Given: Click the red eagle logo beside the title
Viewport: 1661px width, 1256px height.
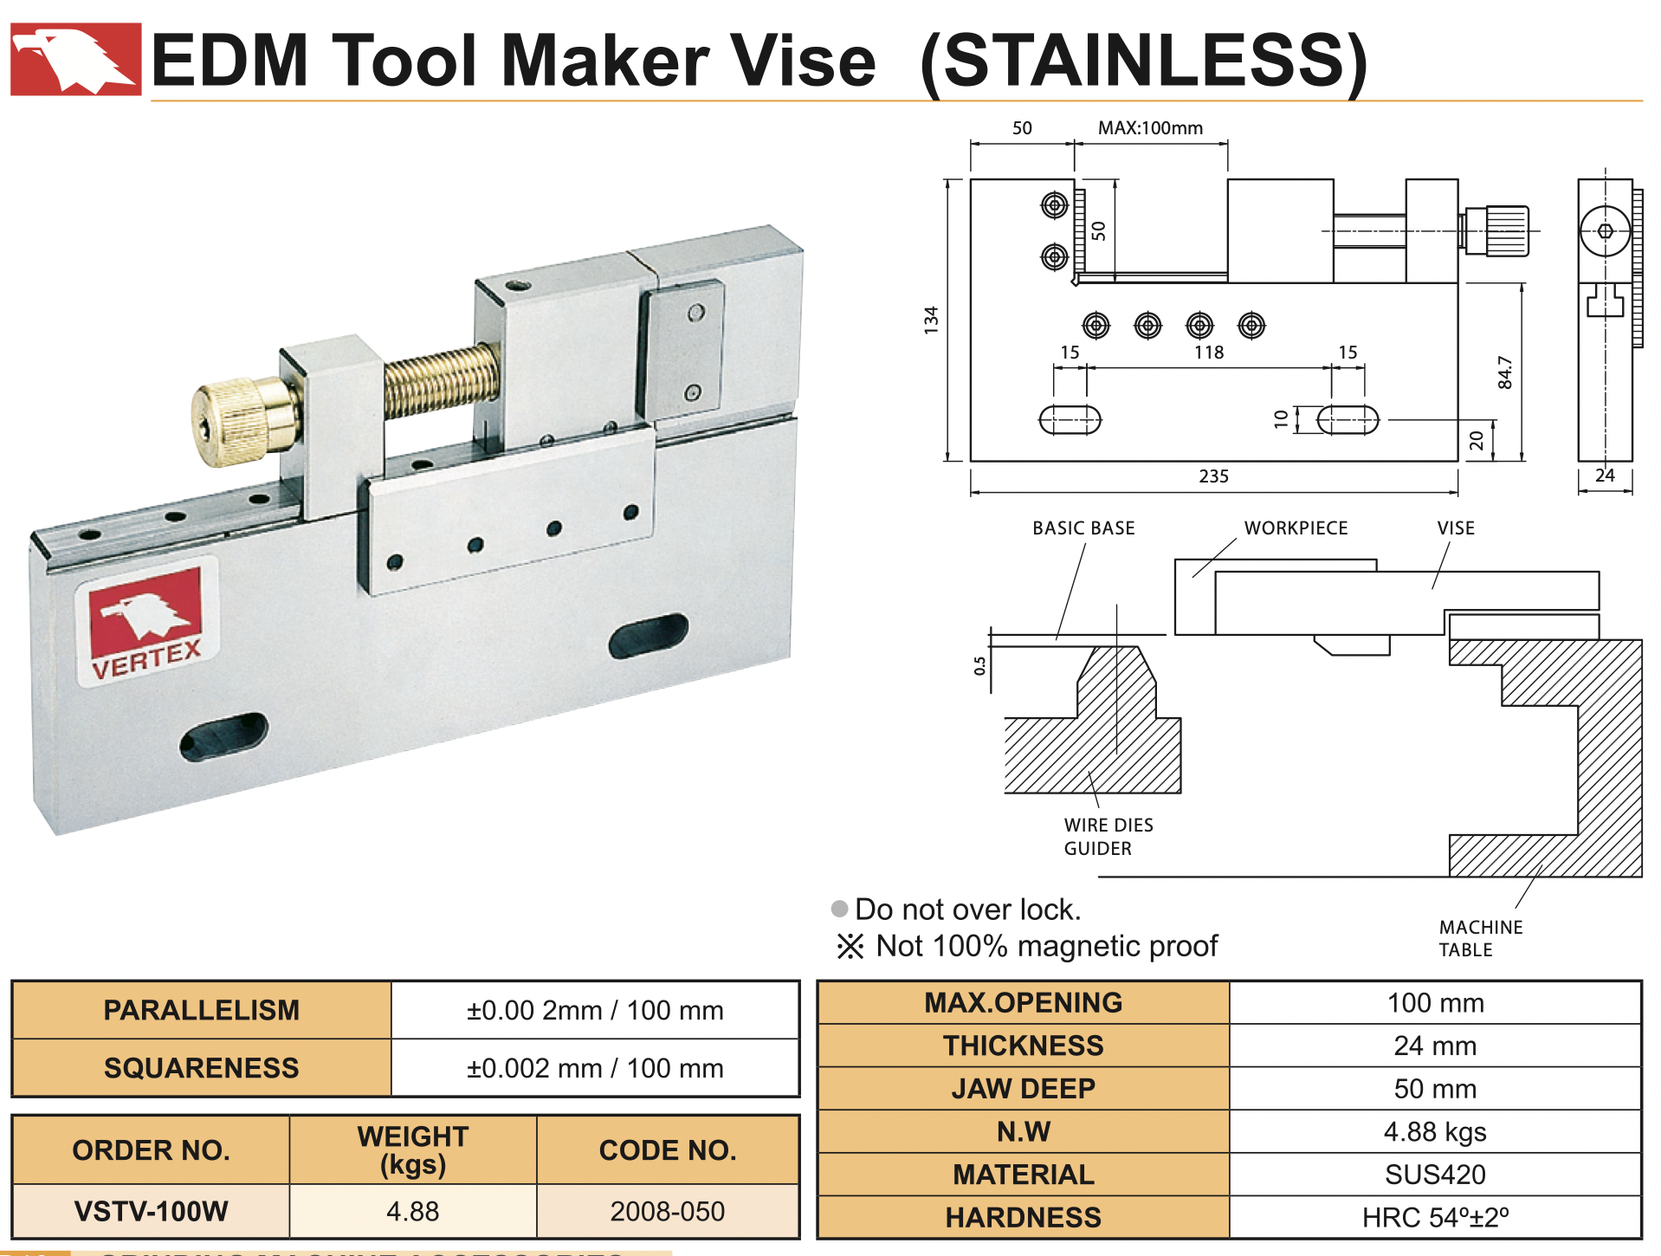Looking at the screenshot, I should click(x=75, y=59).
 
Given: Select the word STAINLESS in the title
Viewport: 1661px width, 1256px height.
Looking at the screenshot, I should click(x=1143, y=61).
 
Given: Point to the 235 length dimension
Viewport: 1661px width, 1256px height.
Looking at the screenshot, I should click(x=1213, y=476).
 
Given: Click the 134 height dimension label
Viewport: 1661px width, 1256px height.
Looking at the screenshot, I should click(x=931, y=320).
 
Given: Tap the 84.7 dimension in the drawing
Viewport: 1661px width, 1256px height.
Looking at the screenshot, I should click(x=1505, y=372).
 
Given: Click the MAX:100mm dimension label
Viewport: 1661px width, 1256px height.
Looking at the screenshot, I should click(x=1150, y=128).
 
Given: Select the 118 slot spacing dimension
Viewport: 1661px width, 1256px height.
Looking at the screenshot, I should click(x=1209, y=353).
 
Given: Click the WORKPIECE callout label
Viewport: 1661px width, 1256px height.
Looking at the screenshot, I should click(x=1296, y=528).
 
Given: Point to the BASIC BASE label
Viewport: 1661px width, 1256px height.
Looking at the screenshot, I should click(x=1083, y=528).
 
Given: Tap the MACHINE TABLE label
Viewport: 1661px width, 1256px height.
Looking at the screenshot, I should click(x=1480, y=938).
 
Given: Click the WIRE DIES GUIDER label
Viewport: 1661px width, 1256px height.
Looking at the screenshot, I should click(x=1108, y=837).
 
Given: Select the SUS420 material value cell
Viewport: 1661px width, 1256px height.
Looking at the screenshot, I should click(x=1435, y=1175).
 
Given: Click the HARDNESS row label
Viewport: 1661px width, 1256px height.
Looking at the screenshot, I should click(x=1023, y=1217).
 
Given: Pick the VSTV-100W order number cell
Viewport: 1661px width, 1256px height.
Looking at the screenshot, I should click(x=151, y=1211).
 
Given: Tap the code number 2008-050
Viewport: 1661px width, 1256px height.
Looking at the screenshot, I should click(x=667, y=1211).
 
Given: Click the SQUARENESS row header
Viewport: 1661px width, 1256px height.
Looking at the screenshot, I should click(x=201, y=1068).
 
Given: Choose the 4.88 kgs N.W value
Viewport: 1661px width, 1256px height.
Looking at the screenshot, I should click(x=1435, y=1131).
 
